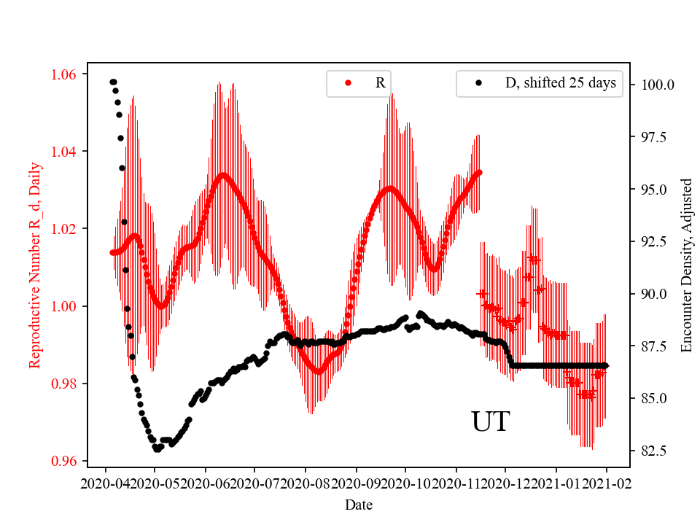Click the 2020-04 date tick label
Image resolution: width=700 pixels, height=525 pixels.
106,483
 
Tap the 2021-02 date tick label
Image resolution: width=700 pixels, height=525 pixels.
607,483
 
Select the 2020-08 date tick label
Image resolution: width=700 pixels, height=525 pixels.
306,483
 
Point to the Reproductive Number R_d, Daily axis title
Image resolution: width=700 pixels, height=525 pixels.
34,265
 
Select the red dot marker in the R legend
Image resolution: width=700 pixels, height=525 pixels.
349,83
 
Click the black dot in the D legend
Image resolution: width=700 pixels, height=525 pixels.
478,83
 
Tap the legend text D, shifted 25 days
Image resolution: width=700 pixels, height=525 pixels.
561,83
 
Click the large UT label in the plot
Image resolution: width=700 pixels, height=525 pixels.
490,422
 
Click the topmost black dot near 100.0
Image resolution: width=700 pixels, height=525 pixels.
112,82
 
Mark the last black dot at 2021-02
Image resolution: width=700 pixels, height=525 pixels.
606,365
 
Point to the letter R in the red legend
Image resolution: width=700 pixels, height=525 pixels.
380,83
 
